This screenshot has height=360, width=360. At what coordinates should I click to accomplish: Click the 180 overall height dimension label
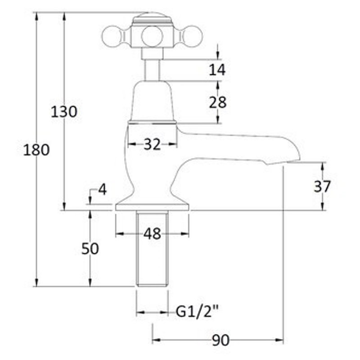click(36, 150)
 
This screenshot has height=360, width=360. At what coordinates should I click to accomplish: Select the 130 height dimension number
click(64, 112)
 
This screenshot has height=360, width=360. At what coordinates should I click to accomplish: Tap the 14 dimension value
click(217, 70)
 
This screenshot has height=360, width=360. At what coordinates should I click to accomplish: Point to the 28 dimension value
click(218, 102)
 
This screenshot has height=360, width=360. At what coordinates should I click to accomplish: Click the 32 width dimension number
click(152, 144)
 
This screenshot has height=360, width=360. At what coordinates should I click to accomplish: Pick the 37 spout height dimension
click(322, 186)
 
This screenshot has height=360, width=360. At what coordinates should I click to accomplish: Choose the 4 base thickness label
click(103, 189)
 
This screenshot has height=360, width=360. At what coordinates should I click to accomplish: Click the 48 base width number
click(152, 234)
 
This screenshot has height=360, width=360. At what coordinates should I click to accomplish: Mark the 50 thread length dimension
click(90, 248)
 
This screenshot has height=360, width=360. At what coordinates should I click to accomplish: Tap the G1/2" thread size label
click(197, 311)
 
